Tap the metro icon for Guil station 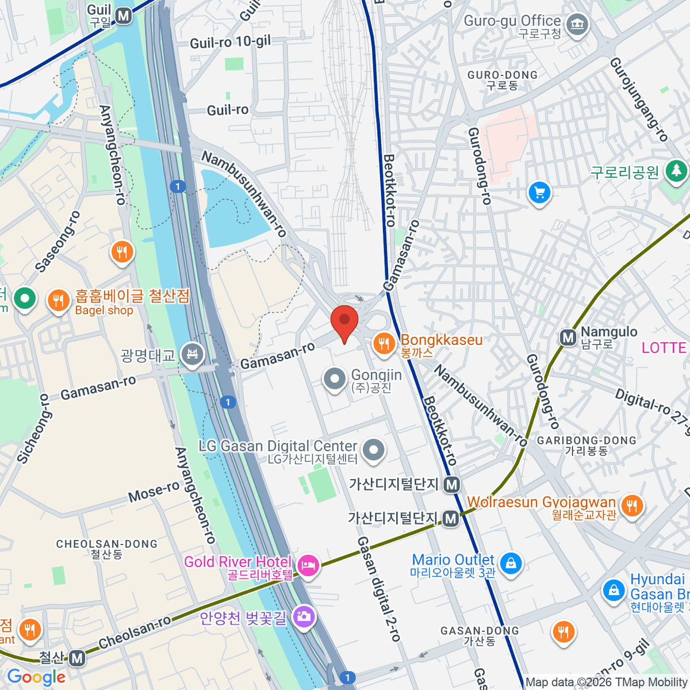pyautogui.click(x=124, y=17)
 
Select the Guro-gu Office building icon pyautogui.click(x=577, y=25)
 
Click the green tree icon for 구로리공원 pyautogui.click(x=676, y=171)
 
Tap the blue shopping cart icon pyautogui.click(x=539, y=193)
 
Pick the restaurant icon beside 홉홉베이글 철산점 pyautogui.click(x=58, y=301)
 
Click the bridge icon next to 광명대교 pyautogui.click(x=192, y=355)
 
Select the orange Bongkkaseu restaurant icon pyautogui.click(x=384, y=344)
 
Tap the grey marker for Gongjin pyautogui.click(x=334, y=379)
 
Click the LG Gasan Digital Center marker pyautogui.click(x=374, y=450)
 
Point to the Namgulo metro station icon pyautogui.click(x=568, y=338)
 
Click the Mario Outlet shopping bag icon pyautogui.click(x=510, y=563)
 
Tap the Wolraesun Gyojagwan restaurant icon pyautogui.click(x=631, y=505)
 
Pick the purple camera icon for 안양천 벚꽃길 pyautogui.click(x=302, y=617)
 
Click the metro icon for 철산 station pyautogui.click(x=77, y=658)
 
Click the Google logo pyautogui.click(x=36, y=677)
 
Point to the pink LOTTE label pyautogui.click(x=664, y=348)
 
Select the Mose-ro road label pyautogui.click(x=154, y=492)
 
